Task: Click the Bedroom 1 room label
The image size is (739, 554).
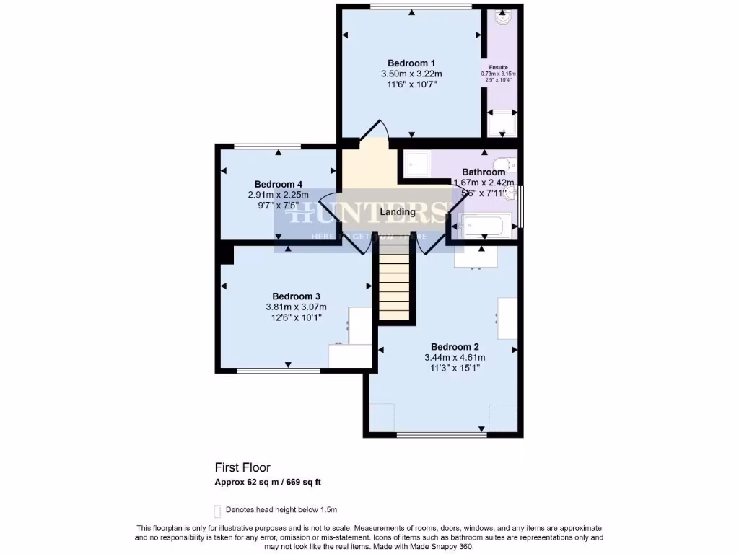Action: (411, 62)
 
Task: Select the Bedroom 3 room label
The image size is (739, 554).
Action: (296, 296)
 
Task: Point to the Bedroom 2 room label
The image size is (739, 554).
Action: (455, 346)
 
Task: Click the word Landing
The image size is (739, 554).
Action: (398, 212)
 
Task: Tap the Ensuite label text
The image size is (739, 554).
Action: (499, 67)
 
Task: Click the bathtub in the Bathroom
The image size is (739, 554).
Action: (486, 226)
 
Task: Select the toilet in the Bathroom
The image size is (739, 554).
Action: (507, 164)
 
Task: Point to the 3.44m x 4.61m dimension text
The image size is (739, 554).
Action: (455, 357)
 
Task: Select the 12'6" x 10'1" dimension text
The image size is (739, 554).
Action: (296, 317)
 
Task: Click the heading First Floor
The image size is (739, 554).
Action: (242, 468)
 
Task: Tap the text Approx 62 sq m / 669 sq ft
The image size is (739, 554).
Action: (272, 482)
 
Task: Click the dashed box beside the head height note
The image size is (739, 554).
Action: (217, 509)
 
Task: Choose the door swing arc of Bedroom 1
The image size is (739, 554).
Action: (375, 132)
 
